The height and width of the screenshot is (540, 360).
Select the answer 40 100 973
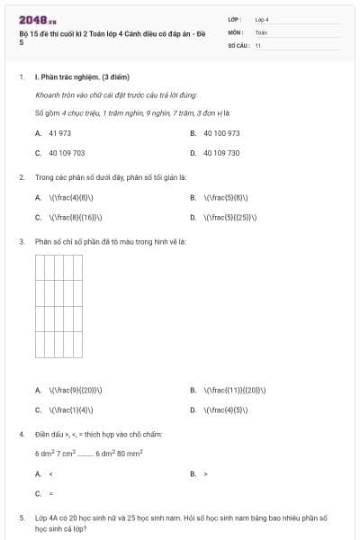point(221,133)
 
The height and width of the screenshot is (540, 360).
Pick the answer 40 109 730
point(221,153)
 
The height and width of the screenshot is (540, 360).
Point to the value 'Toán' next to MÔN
point(261,31)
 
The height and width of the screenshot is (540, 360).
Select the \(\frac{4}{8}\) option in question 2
point(71,197)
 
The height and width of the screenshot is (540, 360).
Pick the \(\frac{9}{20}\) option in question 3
point(75,391)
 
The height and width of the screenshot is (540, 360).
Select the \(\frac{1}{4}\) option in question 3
point(71,409)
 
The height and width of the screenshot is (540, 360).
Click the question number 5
point(22,519)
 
